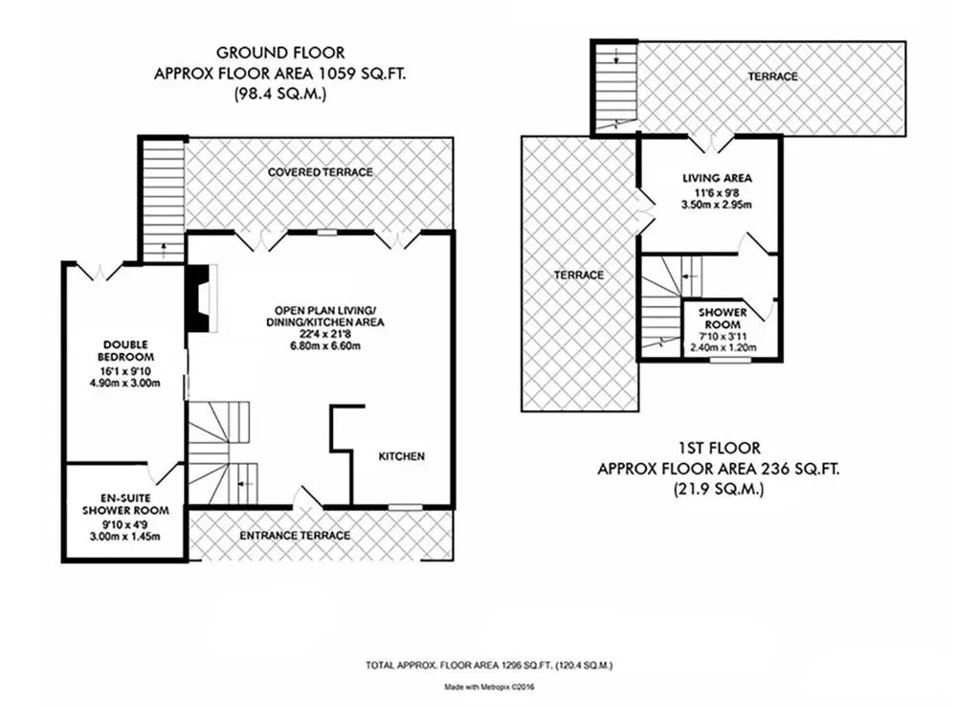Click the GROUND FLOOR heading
click(x=280, y=53)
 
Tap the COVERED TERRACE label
click(x=320, y=172)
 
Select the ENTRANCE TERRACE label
click(x=295, y=535)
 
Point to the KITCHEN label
click(x=402, y=456)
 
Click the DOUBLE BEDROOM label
click(x=125, y=351)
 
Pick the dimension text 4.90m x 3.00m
click(x=125, y=383)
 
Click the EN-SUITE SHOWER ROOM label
click(x=125, y=504)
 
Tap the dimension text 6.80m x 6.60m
click(x=325, y=346)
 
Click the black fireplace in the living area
click(x=199, y=298)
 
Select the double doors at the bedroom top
click(x=100, y=273)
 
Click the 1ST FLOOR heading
click(x=719, y=449)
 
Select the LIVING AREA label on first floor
click(x=717, y=178)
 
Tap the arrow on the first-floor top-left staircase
click(x=616, y=56)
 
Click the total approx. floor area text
click(x=489, y=666)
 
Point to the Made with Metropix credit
click(x=489, y=687)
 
